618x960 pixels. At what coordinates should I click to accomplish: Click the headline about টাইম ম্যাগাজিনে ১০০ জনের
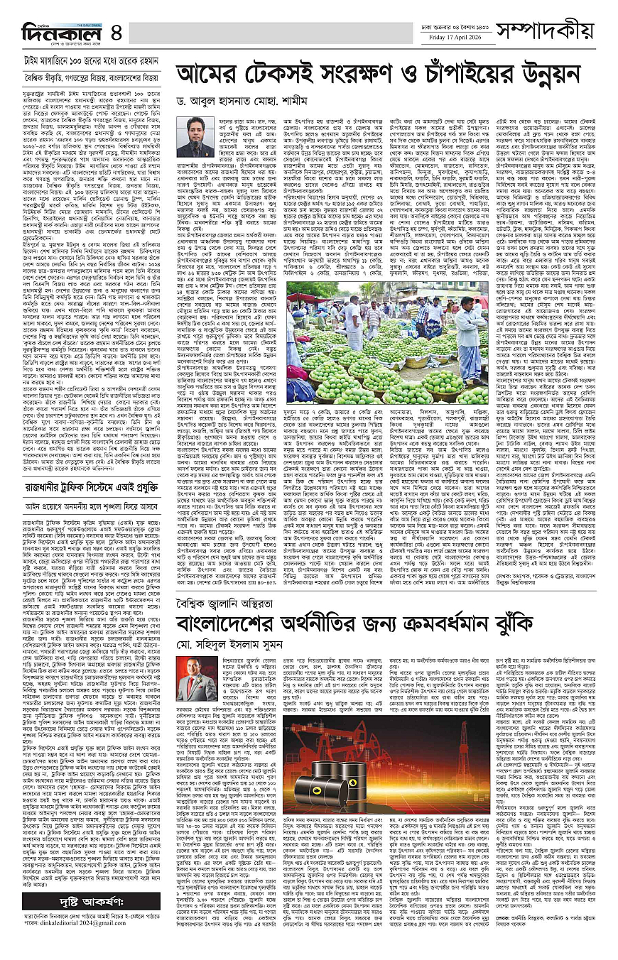click(x=87, y=60)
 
